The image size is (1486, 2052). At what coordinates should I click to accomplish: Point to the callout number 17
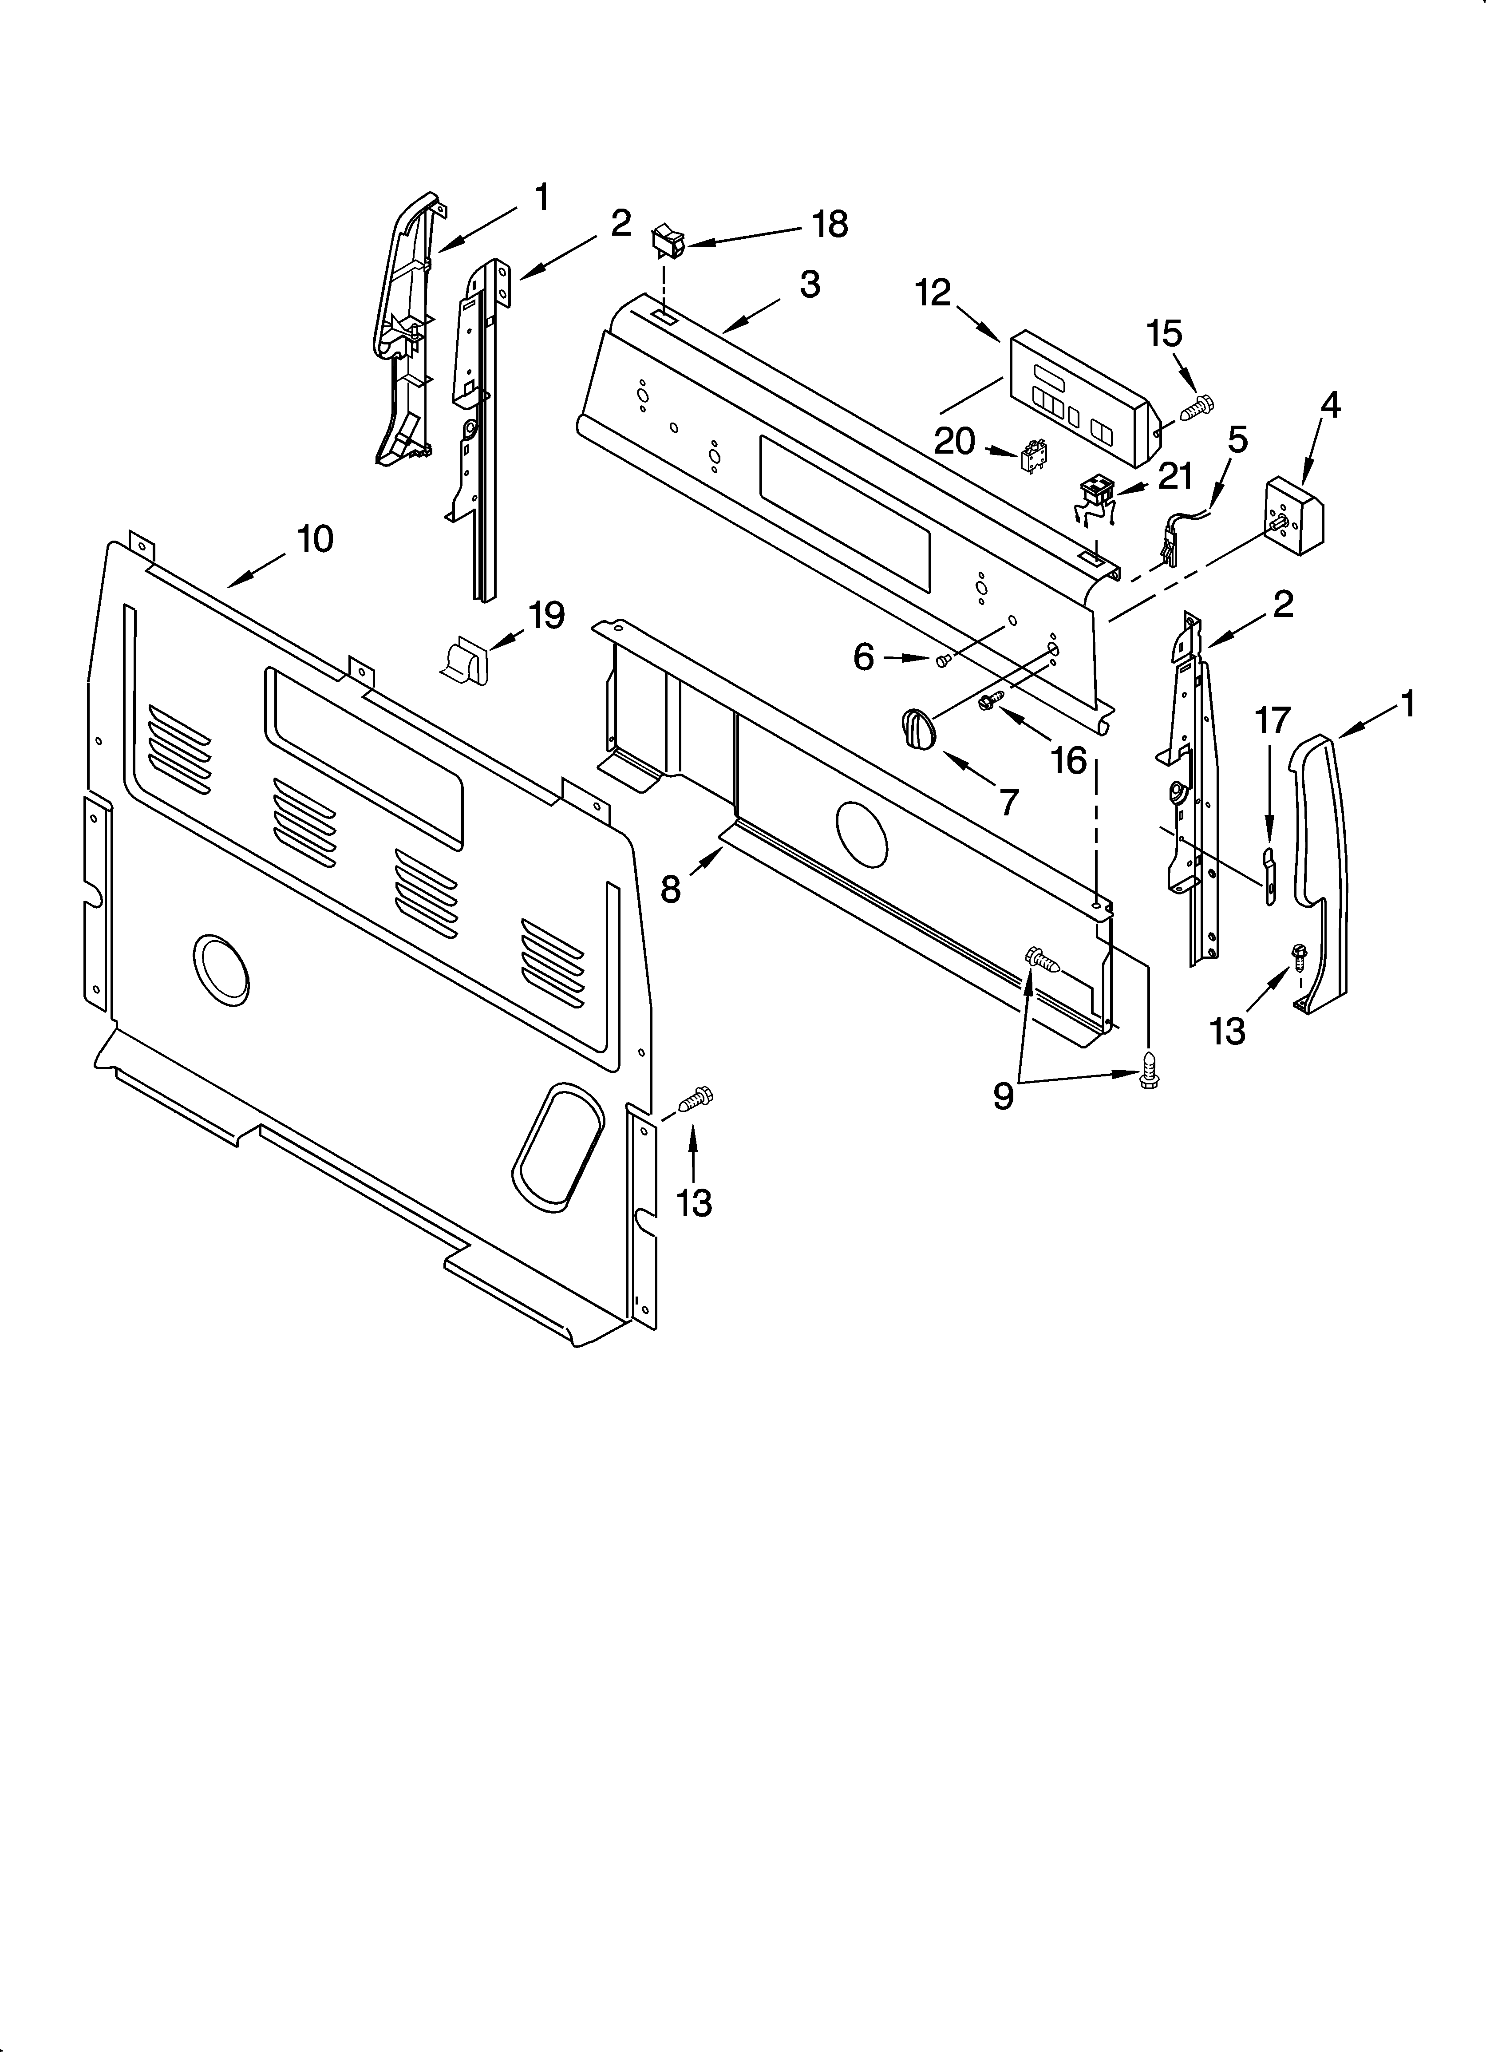click(1272, 721)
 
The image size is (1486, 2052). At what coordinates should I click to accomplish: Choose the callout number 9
click(1003, 1096)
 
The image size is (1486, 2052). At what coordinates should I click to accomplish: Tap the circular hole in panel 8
click(862, 830)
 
